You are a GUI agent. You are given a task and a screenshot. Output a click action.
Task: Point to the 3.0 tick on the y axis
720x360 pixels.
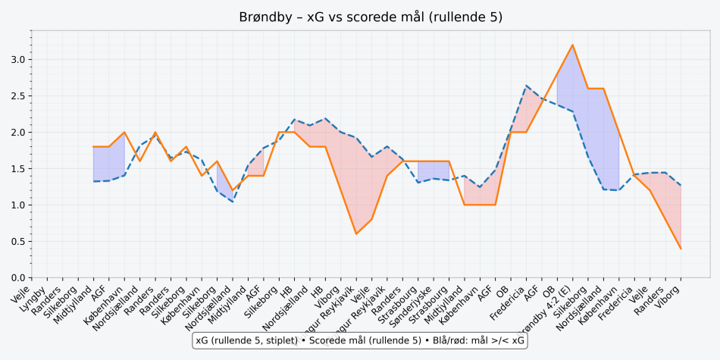click(x=17, y=60)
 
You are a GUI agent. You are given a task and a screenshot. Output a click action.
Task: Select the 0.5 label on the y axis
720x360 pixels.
click(x=17, y=242)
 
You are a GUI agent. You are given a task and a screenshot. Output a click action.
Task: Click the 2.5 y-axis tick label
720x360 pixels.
click(x=17, y=96)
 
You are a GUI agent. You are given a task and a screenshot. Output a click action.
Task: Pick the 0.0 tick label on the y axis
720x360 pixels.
click(x=17, y=278)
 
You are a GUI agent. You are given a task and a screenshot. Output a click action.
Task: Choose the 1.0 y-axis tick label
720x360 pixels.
click(x=17, y=205)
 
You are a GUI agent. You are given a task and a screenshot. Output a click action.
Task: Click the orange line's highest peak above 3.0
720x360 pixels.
click(x=572, y=45)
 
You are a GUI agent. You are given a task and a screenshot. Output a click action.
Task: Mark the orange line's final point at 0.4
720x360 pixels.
click(x=681, y=249)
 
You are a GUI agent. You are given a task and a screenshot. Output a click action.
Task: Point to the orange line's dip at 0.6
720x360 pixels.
click(x=356, y=233)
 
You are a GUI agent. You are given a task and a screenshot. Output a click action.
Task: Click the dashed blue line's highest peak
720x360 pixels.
click(x=526, y=86)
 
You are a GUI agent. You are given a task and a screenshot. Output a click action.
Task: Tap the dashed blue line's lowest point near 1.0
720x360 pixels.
click(x=233, y=202)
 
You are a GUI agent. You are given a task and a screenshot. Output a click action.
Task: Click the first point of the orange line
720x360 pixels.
click(x=93, y=146)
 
